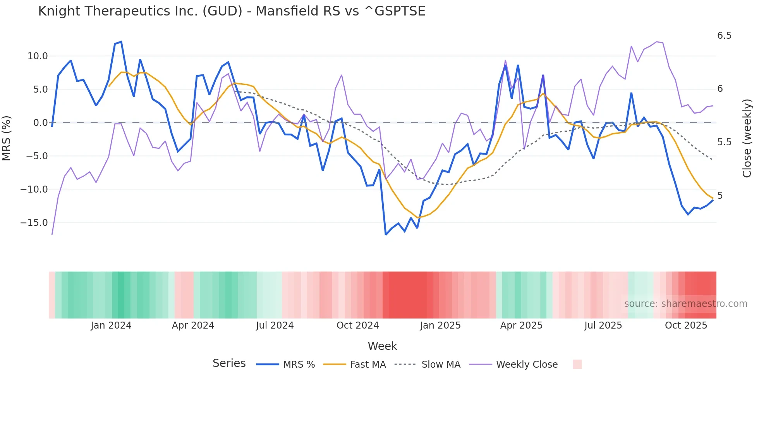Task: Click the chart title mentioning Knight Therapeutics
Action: (232, 11)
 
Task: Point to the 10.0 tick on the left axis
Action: (38, 56)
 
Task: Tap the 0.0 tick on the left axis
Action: (40, 123)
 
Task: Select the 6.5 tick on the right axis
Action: (724, 36)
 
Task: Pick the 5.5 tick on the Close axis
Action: (724, 142)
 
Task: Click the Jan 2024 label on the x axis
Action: (111, 325)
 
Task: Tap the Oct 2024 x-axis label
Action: (357, 325)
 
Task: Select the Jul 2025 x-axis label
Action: (603, 325)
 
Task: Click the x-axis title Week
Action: (382, 346)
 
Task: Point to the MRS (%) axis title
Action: (7, 138)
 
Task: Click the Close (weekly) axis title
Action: (747, 138)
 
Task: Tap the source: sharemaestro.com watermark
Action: (685, 304)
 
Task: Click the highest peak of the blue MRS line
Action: (121, 42)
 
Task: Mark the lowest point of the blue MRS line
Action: (386, 234)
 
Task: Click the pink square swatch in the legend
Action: (577, 364)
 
